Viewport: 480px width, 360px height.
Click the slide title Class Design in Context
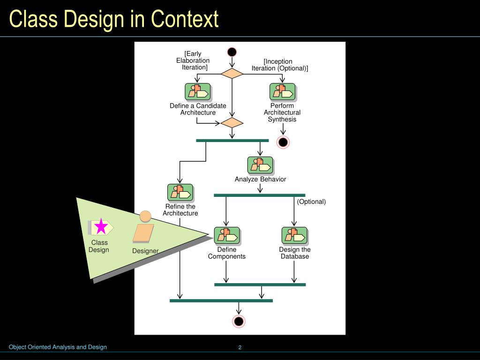click(x=114, y=19)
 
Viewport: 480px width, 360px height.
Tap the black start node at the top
click(x=232, y=52)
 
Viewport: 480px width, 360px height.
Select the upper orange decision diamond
click(x=232, y=74)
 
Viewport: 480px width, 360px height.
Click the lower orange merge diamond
click(x=232, y=123)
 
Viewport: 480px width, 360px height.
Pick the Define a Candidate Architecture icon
click(x=197, y=92)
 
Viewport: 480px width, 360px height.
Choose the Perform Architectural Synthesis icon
click(x=282, y=92)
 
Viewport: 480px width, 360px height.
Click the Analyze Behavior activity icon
click(x=260, y=165)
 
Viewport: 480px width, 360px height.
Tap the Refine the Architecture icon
click(x=180, y=193)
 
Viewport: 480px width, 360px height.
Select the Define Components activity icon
click(x=227, y=235)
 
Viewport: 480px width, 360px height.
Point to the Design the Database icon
click(x=294, y=235)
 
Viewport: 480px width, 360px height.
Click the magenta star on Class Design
click(x=101, y=227)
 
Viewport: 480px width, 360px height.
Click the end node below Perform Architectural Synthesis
click(x=283, y=142)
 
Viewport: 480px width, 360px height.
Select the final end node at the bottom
click(x=239, y=321)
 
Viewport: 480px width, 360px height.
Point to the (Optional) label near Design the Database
click(x=311, y=202)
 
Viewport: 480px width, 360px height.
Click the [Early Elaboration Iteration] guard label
click(x=193, y=60)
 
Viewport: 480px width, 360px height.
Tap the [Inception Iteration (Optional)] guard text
click(x=279, y=65)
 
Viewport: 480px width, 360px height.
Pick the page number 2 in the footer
click(x=240, y=347)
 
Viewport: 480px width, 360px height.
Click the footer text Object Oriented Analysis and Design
click(x=58, y=347)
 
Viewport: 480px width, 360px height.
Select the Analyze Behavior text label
click(x=260, y=179)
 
